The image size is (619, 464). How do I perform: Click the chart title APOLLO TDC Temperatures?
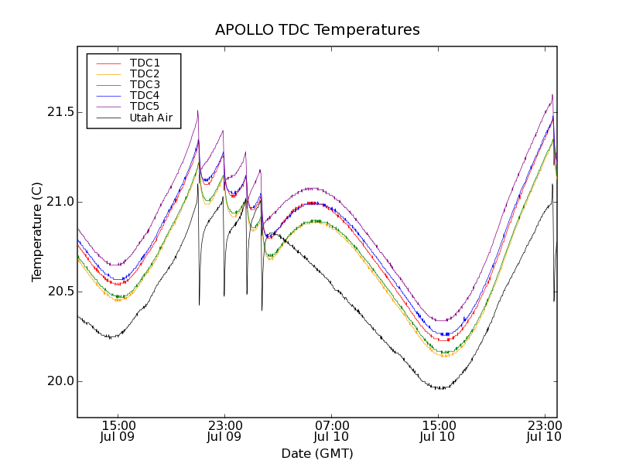[x=317, y=30]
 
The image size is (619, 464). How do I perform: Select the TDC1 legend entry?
[x=145, y=63]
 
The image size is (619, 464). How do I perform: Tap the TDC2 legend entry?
[x=145, y=73]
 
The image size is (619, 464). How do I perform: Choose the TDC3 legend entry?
[x=145, y=84]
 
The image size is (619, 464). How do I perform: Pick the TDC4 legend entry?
[x=145, y=95]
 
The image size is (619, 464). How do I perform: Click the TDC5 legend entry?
[x=145, y=106]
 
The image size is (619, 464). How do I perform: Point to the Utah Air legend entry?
[x=151, y=118]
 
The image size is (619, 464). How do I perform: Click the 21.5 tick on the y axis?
[x=59, y=112]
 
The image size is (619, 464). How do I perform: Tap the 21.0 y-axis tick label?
[x=59, y=202]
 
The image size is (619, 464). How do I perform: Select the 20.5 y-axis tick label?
[x=59, y=292]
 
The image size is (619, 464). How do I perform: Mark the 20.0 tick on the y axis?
[x=59, y=381]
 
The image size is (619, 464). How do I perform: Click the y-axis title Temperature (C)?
[x=36, y=232]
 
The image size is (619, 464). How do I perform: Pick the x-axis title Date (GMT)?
[x=317, y=453]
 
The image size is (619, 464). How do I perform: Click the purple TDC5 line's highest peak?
[x=552, y=94]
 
